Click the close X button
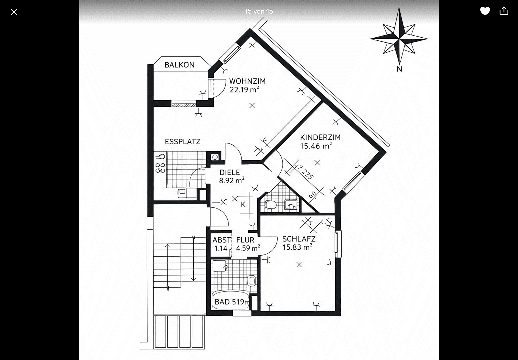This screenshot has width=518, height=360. point(14,12)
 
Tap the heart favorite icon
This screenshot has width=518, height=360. point(485,11)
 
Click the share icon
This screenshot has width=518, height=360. point(504,11)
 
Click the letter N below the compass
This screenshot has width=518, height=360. point(399,69)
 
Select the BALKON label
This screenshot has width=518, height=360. point(179,65)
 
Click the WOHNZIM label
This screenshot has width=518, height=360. point(247,81)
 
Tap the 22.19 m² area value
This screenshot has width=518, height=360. point(244,90)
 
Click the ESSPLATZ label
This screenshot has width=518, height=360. point(183,142)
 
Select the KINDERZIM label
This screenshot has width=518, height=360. point(320,137)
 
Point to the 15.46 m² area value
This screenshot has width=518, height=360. point(316,146)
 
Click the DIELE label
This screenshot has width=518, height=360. point(230,173)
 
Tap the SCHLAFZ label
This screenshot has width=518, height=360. point(299,239)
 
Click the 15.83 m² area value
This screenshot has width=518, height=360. point(297,247)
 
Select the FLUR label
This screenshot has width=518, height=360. point(245,240)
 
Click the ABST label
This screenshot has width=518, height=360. point(222,240)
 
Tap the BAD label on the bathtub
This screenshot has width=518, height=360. point(222,302)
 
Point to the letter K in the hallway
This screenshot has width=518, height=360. point(243,204)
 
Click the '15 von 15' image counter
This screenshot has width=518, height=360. point(259,11)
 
